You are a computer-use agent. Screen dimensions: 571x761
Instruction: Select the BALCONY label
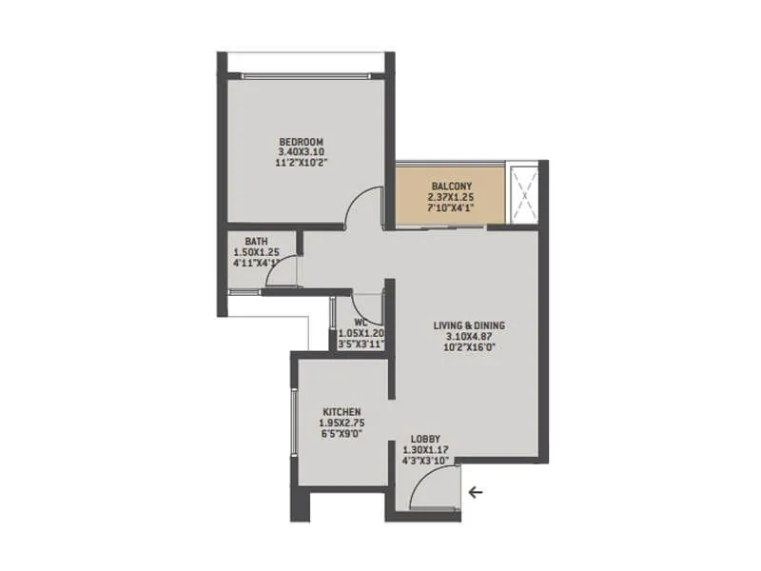(x=450, y=187)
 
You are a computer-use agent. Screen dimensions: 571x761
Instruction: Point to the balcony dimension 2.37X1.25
(x=450, y=197)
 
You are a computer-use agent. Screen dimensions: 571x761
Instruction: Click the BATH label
(x=255, y=242)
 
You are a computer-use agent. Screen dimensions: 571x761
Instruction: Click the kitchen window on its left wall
(x=294, y=420)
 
